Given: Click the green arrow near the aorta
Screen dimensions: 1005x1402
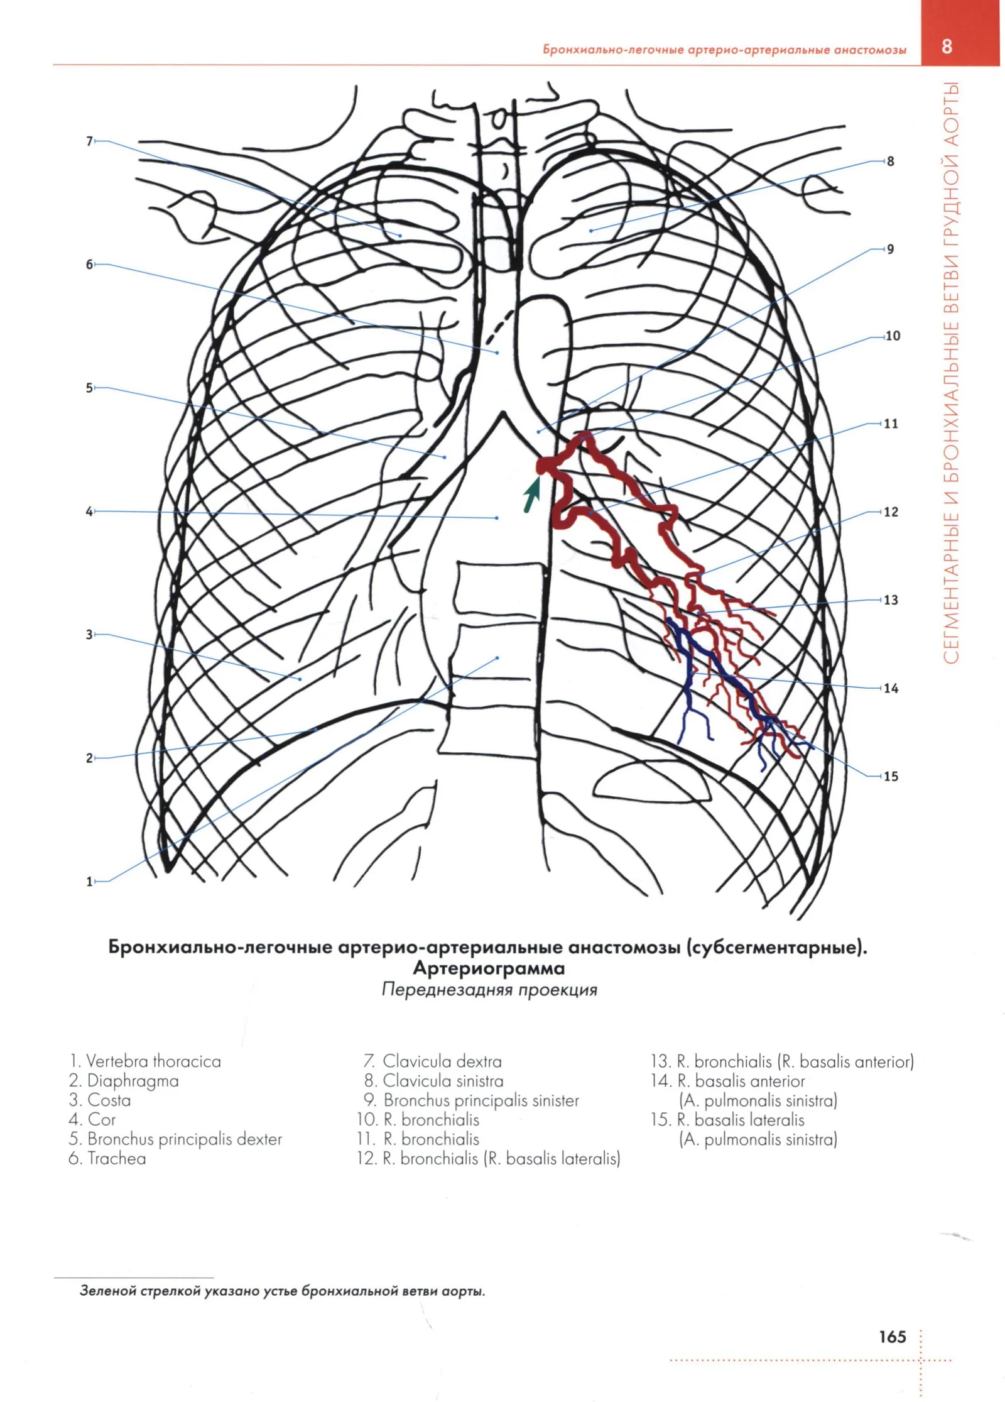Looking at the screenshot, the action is pos(532,494).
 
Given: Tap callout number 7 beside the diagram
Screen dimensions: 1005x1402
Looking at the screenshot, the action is pos(89,141).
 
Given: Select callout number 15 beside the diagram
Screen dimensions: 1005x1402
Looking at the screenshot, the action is pos(891,777).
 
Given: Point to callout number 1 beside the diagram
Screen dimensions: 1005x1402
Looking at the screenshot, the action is pos(89,882).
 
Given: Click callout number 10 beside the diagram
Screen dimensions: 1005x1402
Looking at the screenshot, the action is pos(892,336).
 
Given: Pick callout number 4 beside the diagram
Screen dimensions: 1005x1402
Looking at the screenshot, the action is pos(89,512).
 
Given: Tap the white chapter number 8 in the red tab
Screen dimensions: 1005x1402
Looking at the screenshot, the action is pos(947,46).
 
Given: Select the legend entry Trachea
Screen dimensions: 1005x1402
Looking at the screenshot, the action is pos(107,1158).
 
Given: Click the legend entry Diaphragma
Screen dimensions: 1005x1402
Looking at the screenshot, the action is pos(124,1081).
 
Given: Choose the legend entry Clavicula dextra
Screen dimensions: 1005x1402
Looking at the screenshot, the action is pos(433,1061).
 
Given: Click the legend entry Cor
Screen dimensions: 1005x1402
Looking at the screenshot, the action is pos(92,1119).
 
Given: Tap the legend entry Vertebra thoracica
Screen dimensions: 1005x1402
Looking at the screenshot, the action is pos(145,1061).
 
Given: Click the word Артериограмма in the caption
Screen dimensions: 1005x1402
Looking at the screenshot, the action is pos(489,968).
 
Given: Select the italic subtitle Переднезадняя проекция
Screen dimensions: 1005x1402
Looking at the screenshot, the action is pos(489,990).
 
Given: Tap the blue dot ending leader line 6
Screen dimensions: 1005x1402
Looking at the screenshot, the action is pos(497,353).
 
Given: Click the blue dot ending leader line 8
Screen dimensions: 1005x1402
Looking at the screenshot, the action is pos(591,231).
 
